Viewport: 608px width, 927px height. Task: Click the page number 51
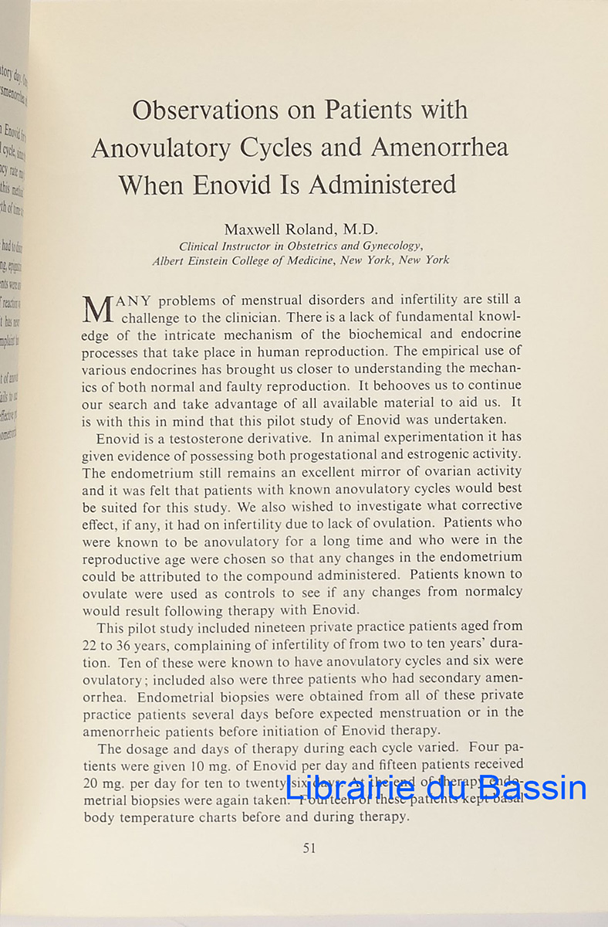(309, 847)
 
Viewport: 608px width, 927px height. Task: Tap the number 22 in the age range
(90, 643)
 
